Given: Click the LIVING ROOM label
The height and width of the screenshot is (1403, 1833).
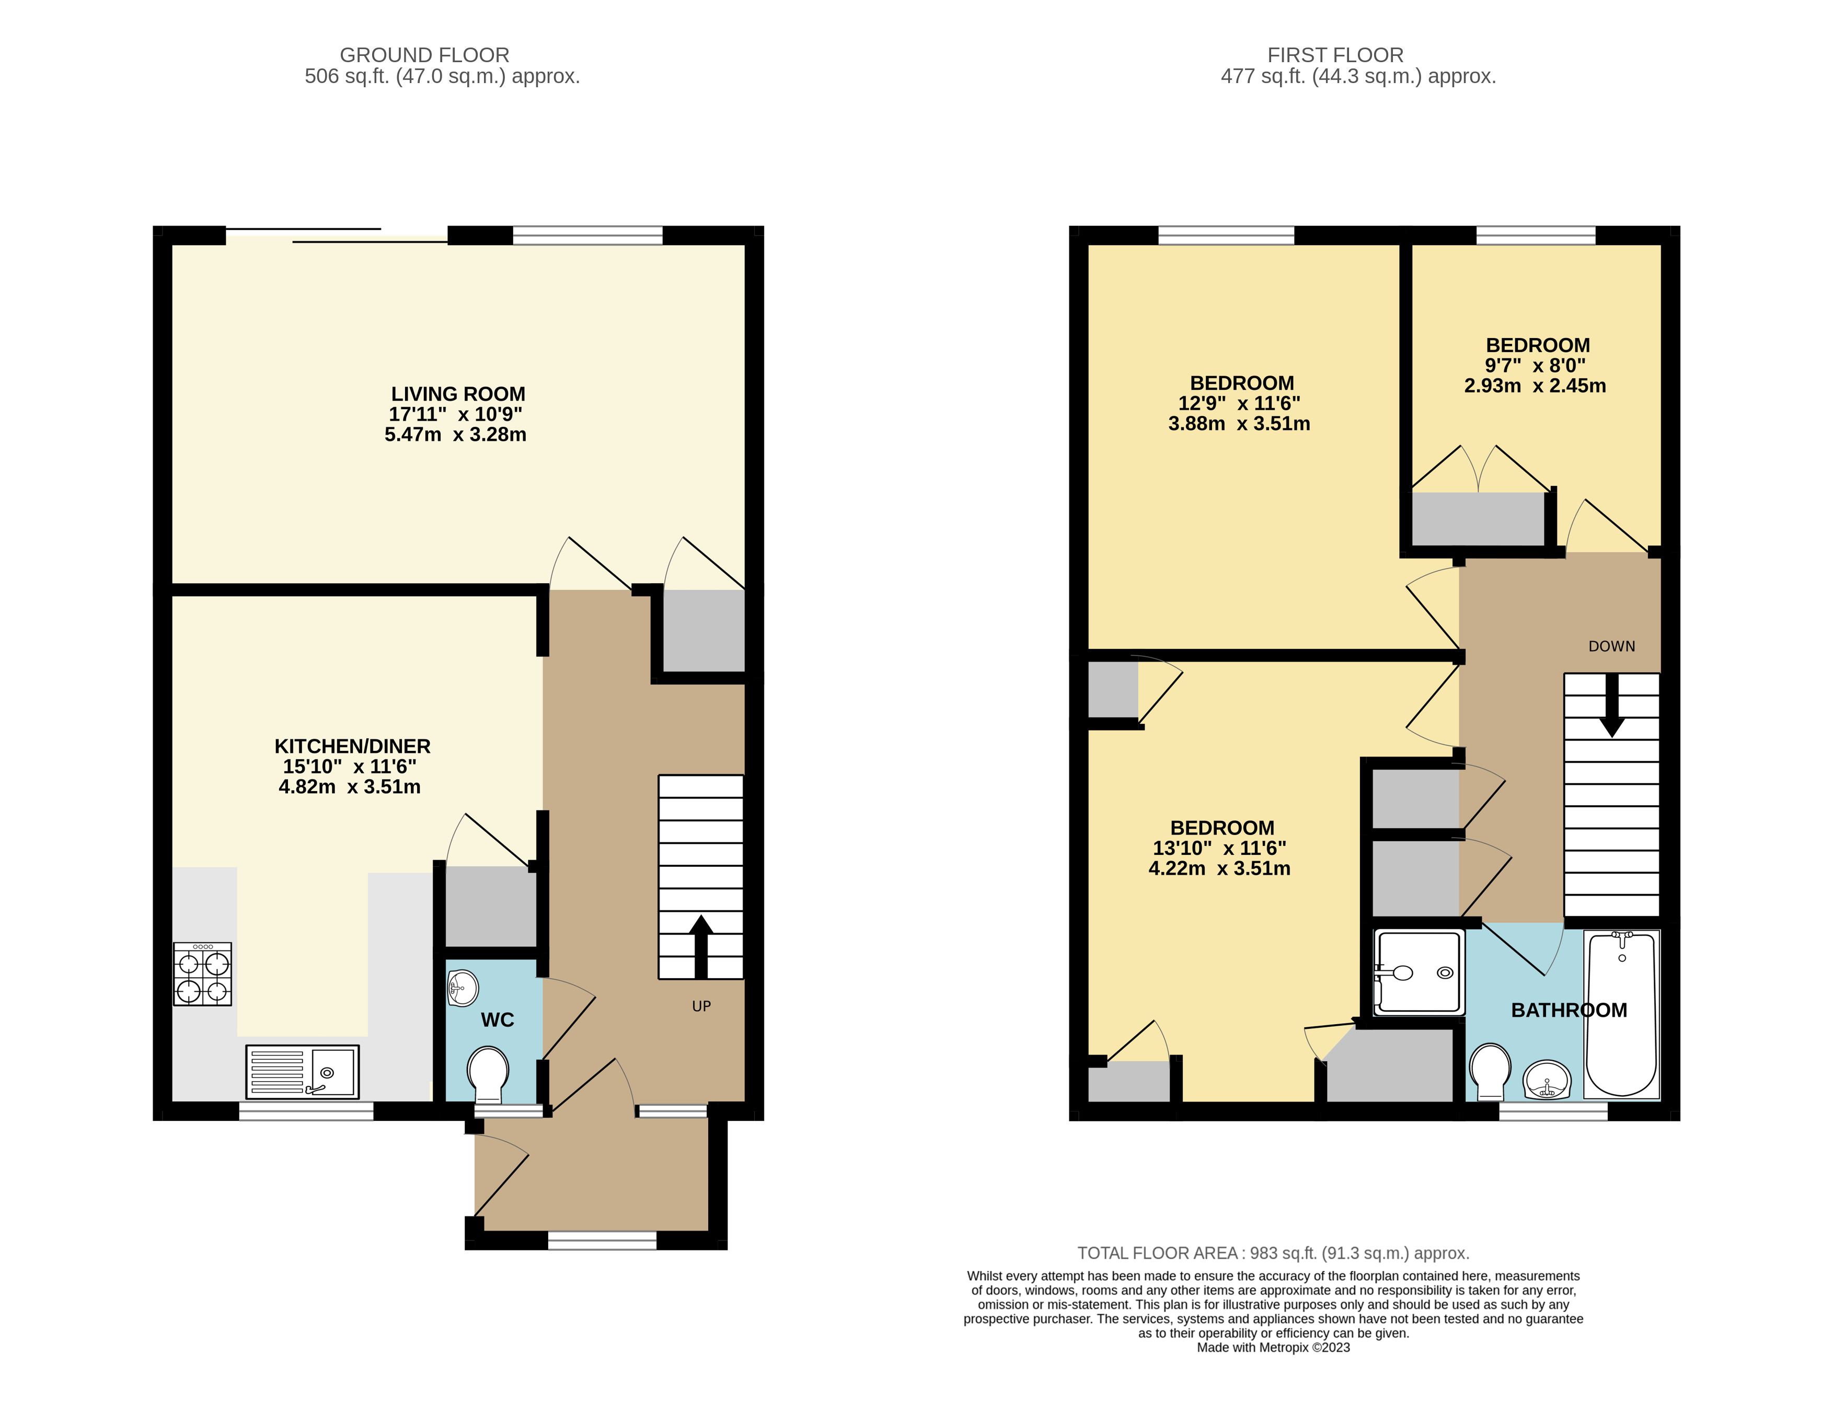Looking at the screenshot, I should [x=458, y=394].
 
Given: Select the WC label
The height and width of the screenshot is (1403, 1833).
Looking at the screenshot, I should [x=497, y=1019].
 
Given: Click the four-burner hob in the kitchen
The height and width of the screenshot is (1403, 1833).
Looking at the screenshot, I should [x=202, y=974].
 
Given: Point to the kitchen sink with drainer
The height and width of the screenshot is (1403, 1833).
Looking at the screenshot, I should [x=303, y=1072].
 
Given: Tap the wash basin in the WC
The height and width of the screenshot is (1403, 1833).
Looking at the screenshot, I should [x=462, y=989].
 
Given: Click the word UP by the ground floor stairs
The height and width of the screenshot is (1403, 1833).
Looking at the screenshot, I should [x=701, y=1006].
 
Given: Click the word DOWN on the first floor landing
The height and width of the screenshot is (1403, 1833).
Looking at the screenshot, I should [x=1611, y=646].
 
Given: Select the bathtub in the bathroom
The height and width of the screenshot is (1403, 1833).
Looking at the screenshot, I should [x=1621, y=1015].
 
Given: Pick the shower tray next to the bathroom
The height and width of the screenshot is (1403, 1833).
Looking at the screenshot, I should [x=1418, y=973].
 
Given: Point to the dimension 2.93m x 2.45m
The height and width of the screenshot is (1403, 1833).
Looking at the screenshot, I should [x=1535, y=386].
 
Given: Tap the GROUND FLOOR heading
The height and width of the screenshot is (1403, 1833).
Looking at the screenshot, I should [x=424, y=55].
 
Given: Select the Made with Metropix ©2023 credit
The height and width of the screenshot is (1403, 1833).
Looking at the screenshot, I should [x=1273, y=1347].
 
